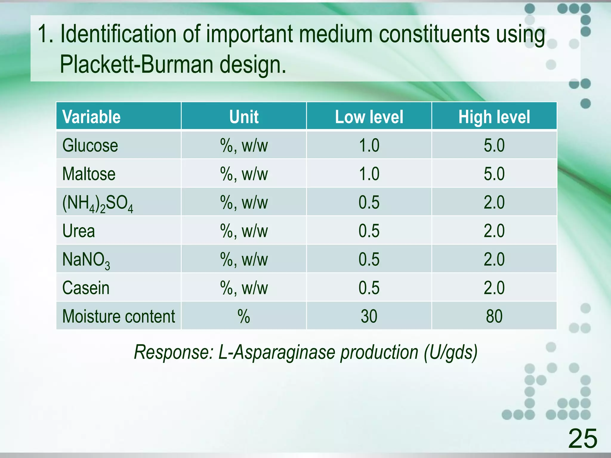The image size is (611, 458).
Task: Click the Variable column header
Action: click(x=91, y=117)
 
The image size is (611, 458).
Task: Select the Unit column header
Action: click(x=244, y=117)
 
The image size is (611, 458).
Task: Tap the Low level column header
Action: click(x=369, y=117)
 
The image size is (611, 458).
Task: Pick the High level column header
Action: click(x=494, y=117)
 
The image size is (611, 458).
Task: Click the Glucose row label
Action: click(x=90, y=146)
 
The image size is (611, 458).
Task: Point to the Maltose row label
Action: click(x=89, y=174)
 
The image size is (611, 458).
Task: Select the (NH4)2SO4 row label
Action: click(x=97, y=203)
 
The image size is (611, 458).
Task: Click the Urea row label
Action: click(x=78, y=231)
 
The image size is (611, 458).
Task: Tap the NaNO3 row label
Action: click(x=86, y=260)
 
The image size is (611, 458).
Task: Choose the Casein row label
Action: click(x=86, y=288)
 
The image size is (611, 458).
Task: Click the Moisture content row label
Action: click(x=118, y=316)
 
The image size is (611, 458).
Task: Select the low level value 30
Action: click(x=369, y=316)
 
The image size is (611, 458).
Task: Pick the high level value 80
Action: click(x=494, y=316)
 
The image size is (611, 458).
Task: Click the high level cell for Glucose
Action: click(x=494, y=146)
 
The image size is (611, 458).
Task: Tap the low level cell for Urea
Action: click(x=369, y=231)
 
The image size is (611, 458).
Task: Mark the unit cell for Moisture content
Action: click(x=244, y=316)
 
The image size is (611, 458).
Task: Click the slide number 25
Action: click(x=582, y=438)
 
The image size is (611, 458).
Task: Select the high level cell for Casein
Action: click(x=494, y=288)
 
